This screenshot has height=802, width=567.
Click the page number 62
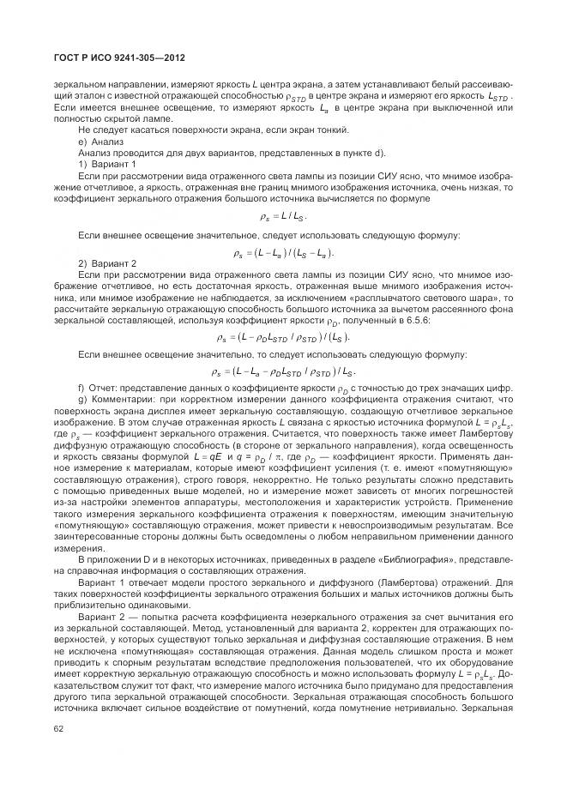tap(59, 729)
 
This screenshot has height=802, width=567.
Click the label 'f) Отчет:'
tap(102, 389)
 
